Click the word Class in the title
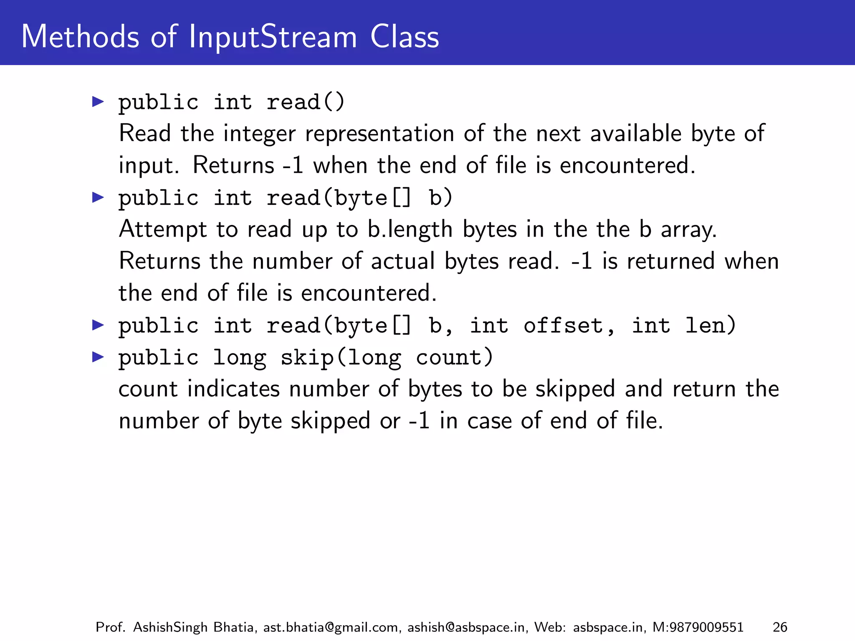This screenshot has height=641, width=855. point(405,37)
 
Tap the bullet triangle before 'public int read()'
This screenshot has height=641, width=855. point(98,101)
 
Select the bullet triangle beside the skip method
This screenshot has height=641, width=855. point(98,357)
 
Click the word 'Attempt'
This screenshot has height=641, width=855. point(163,230)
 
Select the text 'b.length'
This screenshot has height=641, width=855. point(410,230)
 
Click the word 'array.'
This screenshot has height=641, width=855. point(689,230)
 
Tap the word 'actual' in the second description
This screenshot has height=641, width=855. point(403,261)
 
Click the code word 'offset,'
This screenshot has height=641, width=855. point(569,326)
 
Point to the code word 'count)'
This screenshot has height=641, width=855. point(455,358)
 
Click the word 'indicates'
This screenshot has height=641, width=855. point(233,389)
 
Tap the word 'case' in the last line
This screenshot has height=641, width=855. point(489,421)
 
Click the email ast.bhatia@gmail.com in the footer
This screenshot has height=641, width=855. point(330,627)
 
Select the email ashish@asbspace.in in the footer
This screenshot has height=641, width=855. point(466,627)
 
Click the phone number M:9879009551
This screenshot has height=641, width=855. point(698,627)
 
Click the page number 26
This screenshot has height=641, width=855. point(780,627)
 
